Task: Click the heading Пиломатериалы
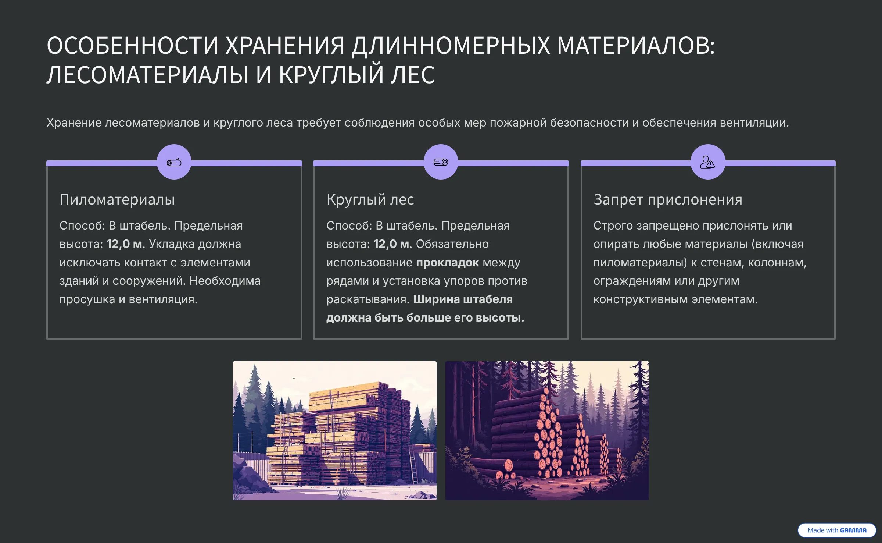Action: [117, 200]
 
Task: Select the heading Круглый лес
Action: [370, 200]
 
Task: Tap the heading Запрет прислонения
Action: [668, 200]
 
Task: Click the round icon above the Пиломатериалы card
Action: [174, 162]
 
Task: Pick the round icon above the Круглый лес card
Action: [441, 162]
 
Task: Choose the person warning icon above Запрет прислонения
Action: [708, 162]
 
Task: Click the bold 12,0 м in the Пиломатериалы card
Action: [125, 244]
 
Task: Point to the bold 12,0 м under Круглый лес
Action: [392, 244]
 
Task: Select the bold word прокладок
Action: [448, 263]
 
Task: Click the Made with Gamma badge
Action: [837, 530]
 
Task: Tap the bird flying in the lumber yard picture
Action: [294, 378]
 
